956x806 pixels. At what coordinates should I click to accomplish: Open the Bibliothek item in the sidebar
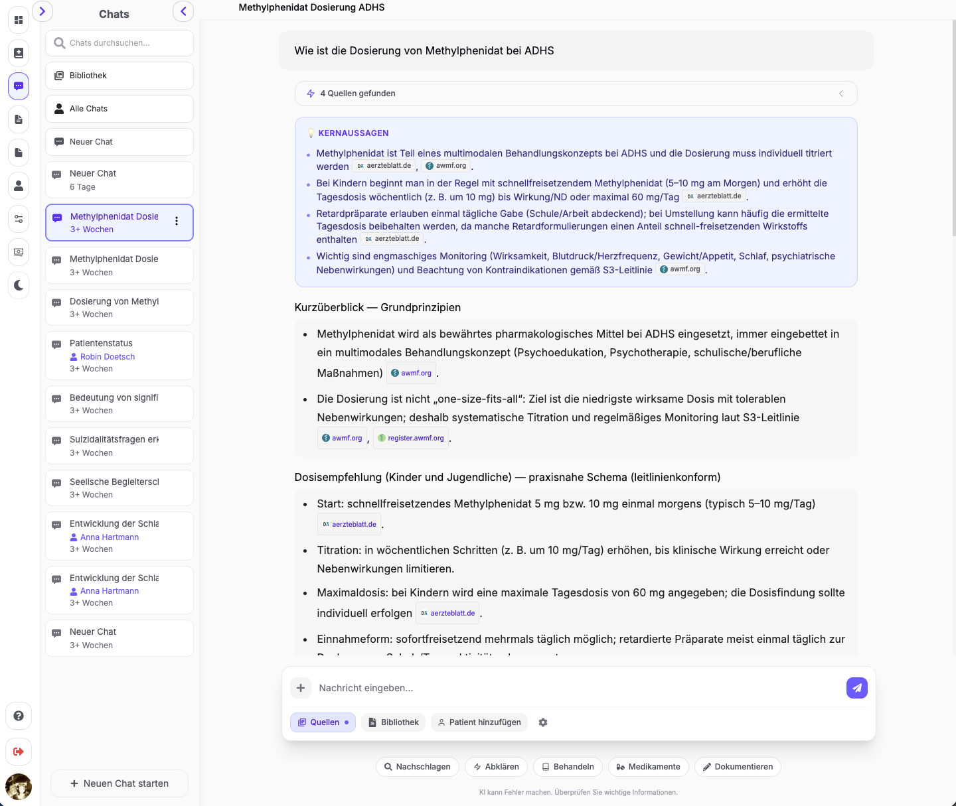coord(119,76)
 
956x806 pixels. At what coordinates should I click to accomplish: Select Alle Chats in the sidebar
coord(119,109)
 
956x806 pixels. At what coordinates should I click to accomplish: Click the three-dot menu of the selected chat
coord(177,222)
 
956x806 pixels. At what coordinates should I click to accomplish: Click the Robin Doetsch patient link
coord(107,357)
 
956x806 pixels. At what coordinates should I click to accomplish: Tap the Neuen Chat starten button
coord(119,783)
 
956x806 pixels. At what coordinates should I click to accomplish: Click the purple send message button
coord(856,688)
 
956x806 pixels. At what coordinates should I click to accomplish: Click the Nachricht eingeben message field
coord(571,688)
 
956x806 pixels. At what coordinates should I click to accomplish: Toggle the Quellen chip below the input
coord(323,722)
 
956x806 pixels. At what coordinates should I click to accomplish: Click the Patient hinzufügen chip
coord(479,722)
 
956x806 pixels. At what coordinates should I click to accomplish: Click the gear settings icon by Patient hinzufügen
coord(543,722)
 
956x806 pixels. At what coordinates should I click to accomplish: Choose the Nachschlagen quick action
coord(417,767)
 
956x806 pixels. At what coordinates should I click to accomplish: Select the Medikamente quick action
coord(648,767)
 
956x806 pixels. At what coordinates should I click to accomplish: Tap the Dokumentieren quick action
coord(738,767)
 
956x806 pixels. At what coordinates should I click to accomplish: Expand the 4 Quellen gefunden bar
coord(576,94)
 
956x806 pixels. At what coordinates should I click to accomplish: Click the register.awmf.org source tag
coord(411,438)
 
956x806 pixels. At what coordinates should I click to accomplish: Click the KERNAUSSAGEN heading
coord(353,133)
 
